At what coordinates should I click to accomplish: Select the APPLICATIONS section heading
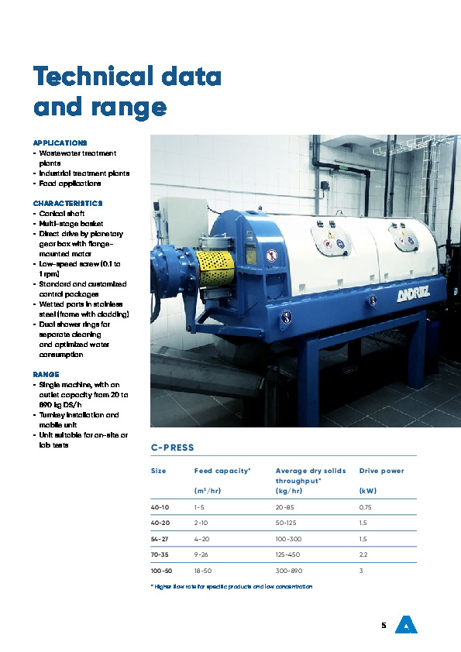[x=60, y=143]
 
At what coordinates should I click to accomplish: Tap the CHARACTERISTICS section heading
[x=68, y=203]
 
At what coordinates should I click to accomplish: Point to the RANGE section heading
[x=46, y=374]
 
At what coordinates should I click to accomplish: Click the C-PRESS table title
[x=172, y=448]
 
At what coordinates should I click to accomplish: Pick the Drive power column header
[x=381, y=471]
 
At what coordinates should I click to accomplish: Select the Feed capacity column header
[x=222, y=471]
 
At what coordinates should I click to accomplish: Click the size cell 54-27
[x=160, y=538]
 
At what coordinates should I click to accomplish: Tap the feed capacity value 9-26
[x=203, y=554]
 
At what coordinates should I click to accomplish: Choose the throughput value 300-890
[x=291, y=570]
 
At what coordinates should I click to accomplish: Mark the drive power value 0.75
[x=366, y=507]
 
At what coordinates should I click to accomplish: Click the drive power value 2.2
[x=364, y=554]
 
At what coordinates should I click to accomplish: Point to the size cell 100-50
[x=161, y=570]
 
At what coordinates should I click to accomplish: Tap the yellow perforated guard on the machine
[x=216, y=266]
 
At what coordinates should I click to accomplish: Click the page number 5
[x=384, y=625]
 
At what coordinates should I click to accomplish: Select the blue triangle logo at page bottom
[x=406, y=624]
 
